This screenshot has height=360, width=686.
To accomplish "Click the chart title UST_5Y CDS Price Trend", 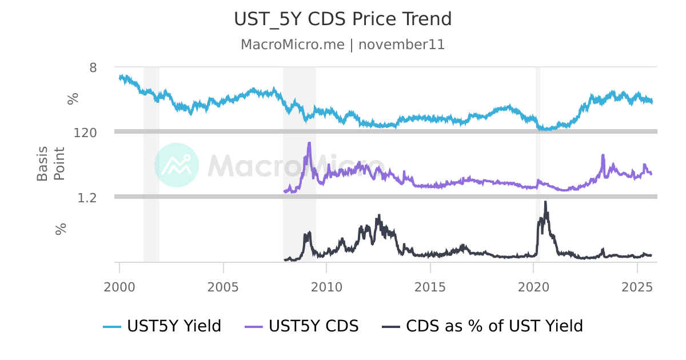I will click(x=343, y=19).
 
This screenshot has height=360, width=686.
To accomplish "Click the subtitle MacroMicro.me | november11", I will click(x=343, y=45).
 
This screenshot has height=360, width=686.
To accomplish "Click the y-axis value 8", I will click(x=93, y=67).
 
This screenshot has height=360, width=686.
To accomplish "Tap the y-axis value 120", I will click(x=86, y=133).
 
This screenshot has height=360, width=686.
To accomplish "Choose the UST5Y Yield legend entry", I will click(x=162, y=326).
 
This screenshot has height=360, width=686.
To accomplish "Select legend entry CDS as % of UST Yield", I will click(x=482, y=326).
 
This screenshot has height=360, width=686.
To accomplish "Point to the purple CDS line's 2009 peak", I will click(x=309, y=143).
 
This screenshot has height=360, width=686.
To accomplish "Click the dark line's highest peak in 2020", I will click(x=545, y=202).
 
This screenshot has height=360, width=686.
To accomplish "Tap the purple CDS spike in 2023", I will click(x=603, y=155).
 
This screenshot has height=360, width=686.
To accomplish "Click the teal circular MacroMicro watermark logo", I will click(x=177, y=165).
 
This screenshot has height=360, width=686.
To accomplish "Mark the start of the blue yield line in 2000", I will click(x=120, y=77).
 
